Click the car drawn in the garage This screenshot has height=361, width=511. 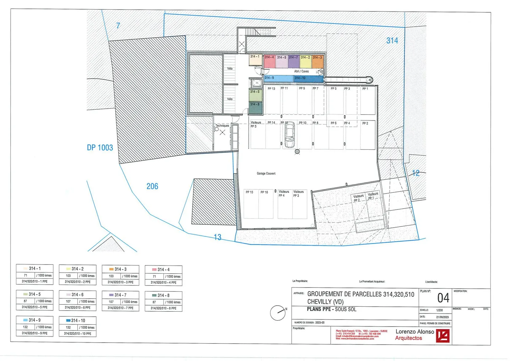tap(290, 135)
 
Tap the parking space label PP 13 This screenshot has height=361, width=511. tap(271, 89)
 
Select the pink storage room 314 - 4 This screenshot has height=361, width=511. tap(269, 61)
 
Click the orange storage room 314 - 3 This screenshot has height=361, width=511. tap(318, 61)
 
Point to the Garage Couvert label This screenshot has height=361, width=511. tap(266, 174)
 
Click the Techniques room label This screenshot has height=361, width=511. tap(222, 126)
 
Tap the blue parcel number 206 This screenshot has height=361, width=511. tap(152, 186)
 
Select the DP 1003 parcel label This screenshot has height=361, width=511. tap(100, 148)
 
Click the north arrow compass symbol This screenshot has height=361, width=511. tap(278, 313)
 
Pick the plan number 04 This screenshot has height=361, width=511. tap(443, 298)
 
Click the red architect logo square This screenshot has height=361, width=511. tap(443, 335)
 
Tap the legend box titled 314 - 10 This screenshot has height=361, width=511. tap(77, 327)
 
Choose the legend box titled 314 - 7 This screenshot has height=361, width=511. tap(120, 301)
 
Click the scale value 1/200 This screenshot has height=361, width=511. tap(439, 310)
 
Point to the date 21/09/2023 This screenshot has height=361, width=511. tap(442, 317)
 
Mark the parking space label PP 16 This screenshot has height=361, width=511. tap(264, 192)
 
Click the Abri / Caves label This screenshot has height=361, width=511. tap(301, 71)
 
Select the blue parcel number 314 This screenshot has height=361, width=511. tap(392, 41)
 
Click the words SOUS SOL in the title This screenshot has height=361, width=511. tap(346, 310)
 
